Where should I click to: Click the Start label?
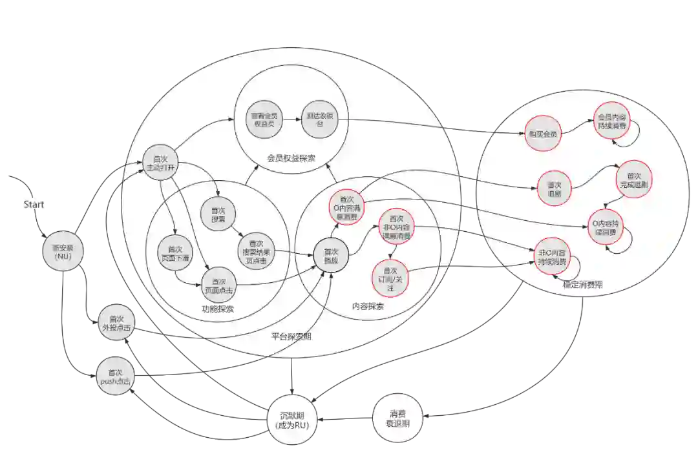point(34,205)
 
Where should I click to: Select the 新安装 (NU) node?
point(63,251)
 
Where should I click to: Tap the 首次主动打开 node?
point(160,163)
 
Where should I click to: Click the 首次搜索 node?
point(218,215)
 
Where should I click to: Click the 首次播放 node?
point(331,256)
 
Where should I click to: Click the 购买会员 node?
point(543,134)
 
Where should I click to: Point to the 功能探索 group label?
point(217,309)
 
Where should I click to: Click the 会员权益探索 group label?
point(291,158)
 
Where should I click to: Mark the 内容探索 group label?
point(367,306)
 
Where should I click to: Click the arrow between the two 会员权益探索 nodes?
point(291,120)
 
